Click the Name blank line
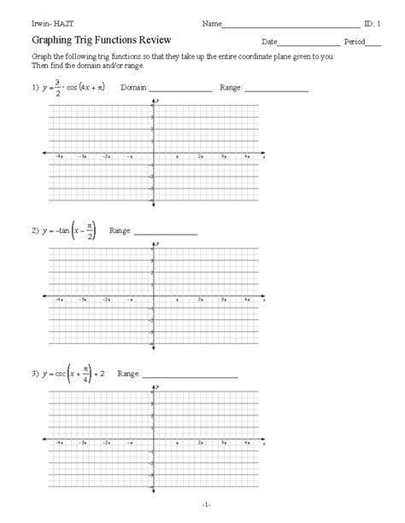(291, 24)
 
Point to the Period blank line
(373, 43)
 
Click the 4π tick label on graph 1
(246, 158)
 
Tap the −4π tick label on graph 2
(58, 300)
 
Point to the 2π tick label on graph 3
(200, 444)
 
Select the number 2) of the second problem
(34, 231)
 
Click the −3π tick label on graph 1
(82, 158)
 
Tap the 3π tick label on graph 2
(223, 300)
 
